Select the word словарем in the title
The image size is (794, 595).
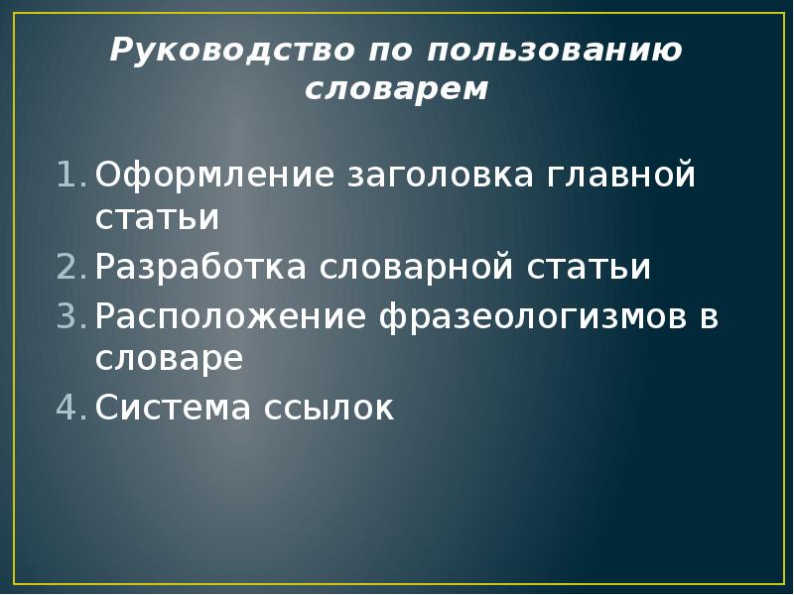click(397, 89)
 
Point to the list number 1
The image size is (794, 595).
click(71, 177)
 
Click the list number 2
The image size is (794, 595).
click(71, 268)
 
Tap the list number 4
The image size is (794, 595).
click(71, 408)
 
